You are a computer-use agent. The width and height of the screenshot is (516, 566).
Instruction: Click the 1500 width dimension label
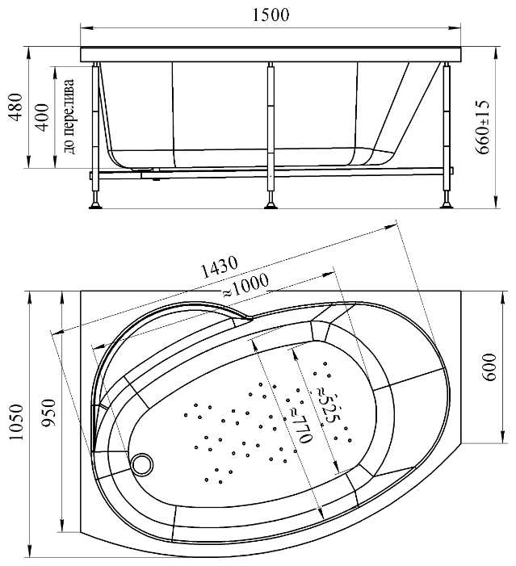[271, 15]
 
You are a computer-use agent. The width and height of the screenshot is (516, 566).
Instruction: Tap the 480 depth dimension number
[16, 107]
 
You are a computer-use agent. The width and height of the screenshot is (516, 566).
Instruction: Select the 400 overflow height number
[43, 117]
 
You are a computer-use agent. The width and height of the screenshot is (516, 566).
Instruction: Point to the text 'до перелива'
[69, 116]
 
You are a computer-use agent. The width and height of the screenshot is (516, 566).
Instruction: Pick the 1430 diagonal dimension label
[219, 267]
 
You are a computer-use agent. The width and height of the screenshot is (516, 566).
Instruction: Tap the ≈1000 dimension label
[246, 286]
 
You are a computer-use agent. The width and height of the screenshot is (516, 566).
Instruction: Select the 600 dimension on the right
[489, 367]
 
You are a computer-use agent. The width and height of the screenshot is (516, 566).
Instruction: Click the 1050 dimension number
[16, 422]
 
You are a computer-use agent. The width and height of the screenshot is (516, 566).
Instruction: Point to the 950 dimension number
[49, 413]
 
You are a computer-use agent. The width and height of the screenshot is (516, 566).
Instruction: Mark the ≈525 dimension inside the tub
[328, 405]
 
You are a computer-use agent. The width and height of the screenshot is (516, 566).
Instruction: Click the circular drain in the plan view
[142, 464]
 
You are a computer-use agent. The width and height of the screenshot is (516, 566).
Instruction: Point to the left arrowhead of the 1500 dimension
[86, 27]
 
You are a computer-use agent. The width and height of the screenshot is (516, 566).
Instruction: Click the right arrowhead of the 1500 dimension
[455, 27]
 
